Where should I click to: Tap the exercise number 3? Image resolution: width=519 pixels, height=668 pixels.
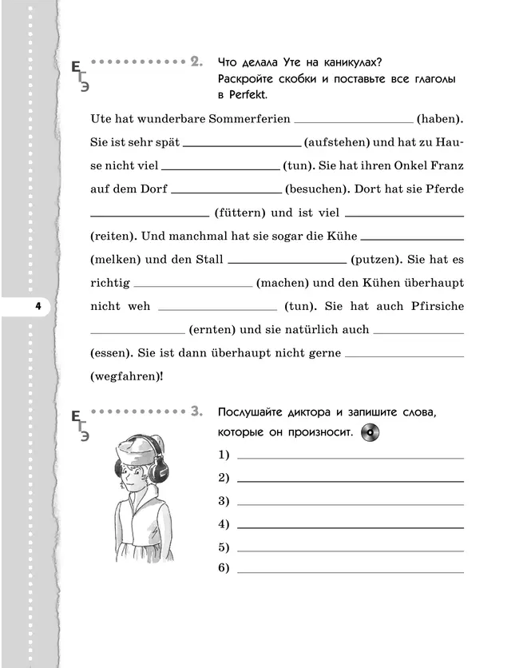[196, 412]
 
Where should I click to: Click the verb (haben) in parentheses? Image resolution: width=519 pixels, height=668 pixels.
[440, 119]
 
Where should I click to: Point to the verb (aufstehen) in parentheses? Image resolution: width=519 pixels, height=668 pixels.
[338, 142]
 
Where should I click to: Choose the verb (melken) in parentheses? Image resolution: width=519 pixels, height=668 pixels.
[116, 260]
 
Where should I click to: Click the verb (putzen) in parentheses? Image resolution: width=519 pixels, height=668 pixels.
[376, 260]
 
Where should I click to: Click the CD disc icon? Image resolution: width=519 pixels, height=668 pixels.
[370, 432]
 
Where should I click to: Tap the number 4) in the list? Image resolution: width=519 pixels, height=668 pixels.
[224, 524]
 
